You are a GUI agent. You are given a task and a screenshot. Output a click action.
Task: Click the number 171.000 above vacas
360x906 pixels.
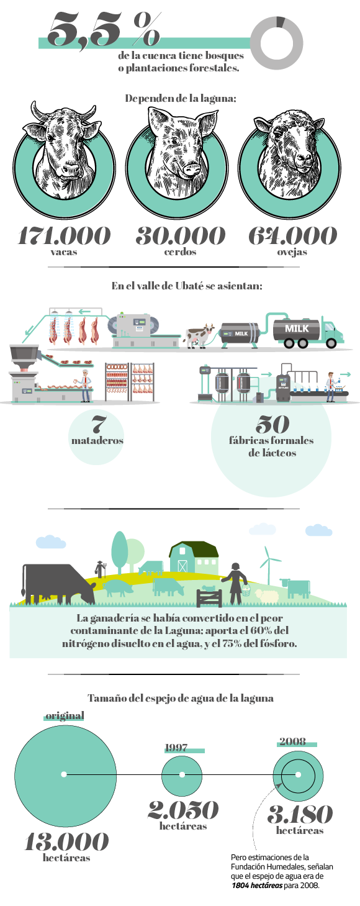[64, 236]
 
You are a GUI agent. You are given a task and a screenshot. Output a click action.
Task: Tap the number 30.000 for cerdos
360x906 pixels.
[181, 236]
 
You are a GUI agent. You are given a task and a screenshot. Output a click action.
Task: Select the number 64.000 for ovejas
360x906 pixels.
[292, 236]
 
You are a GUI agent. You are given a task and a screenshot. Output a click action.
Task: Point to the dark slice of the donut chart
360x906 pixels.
[281, 22]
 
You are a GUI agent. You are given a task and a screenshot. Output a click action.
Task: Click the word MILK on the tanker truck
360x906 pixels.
[297, 328]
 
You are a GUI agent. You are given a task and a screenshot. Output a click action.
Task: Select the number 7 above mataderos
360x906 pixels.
[97, 424]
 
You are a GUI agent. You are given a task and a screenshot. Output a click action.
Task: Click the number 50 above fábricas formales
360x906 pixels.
[272, 424]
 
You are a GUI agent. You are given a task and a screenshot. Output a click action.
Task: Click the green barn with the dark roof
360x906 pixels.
[194, 557]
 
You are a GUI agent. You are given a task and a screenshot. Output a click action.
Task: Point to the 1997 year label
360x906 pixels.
[176, 748]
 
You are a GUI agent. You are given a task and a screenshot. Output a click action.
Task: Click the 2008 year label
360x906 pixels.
[292, 741]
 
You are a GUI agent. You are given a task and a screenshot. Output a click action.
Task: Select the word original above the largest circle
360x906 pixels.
[65, 715]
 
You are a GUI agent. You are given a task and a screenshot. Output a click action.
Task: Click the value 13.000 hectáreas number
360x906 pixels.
[66, 842]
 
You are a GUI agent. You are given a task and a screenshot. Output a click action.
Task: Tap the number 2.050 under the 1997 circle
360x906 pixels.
[183, 810]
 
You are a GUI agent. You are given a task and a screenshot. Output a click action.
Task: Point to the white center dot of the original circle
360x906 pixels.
[63, 774]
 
